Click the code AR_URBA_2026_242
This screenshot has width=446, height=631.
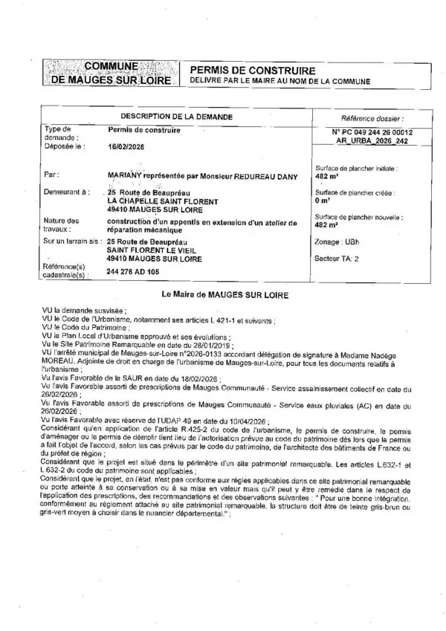pyautogui.click(x=372, y=140)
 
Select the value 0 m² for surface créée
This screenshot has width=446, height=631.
pyautogui.click(x=323, y=201)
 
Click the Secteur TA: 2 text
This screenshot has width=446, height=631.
pyautogui.click(x=337, y=259)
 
